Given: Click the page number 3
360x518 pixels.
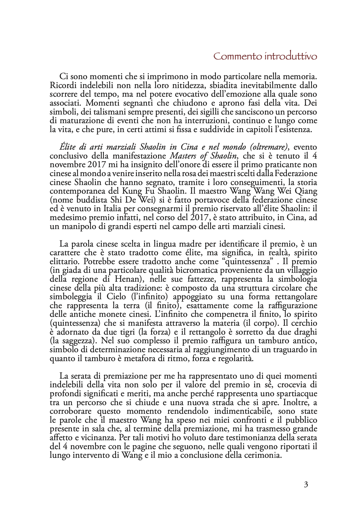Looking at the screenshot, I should (306, 485).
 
